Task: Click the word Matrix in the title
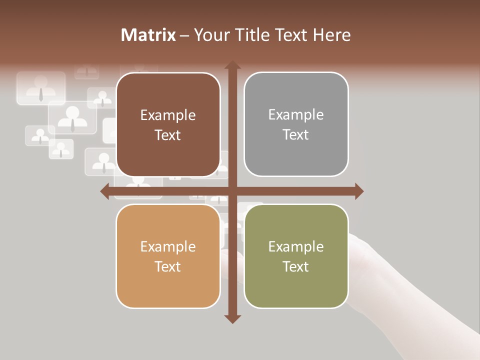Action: (x=148, y=35)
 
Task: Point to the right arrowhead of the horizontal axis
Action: (x=359, y=191)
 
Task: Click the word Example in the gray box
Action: (x=296, y=115)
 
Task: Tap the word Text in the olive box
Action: (x=296, y=266)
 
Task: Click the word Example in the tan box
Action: (x=168, y=246)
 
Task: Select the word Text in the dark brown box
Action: (x=168, y=135)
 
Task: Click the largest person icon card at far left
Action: (x=41, y=88)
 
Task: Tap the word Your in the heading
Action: (x=209, y=35)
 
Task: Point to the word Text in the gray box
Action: (x=296, y=134)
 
